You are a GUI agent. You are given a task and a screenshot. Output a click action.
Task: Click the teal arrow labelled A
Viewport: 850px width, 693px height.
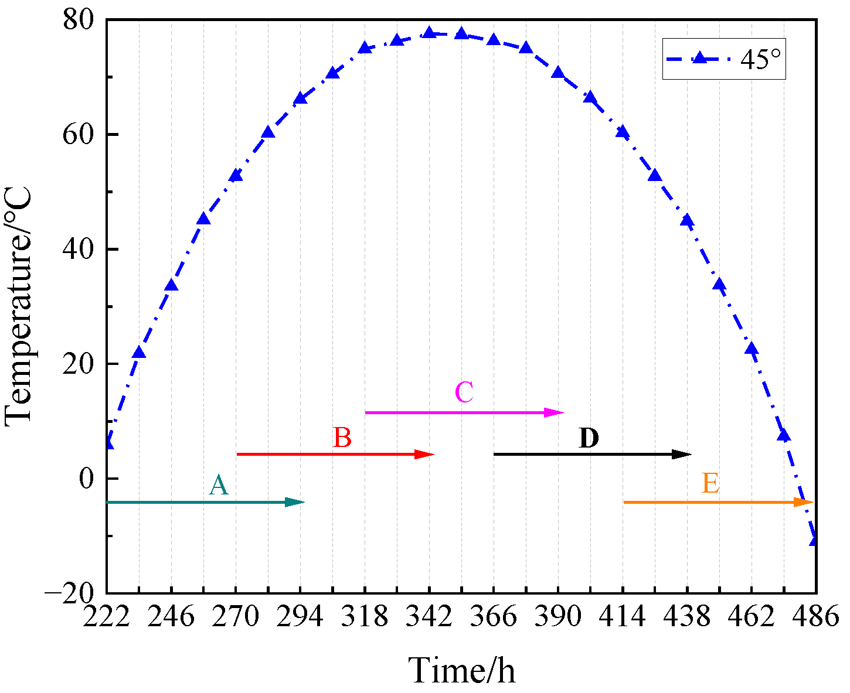coord(205,502)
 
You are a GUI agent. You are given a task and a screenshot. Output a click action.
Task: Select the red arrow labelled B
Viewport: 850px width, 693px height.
coord(335,454)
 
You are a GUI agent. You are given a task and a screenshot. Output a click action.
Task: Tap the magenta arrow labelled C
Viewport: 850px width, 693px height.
coord(464,412)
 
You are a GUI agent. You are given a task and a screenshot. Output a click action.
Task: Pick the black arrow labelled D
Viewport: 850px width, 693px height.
coord(593,454)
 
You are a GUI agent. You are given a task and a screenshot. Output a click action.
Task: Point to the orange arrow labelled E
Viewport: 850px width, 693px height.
coord(718,502)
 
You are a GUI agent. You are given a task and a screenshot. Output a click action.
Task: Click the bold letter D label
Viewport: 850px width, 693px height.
coord(589,439)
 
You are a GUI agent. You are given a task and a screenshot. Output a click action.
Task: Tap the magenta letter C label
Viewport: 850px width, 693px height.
coord(464,392)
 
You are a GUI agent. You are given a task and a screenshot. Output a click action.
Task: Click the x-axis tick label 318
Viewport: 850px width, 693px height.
coord(365,617)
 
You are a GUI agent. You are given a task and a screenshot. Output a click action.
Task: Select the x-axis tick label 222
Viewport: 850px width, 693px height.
coord(107,617)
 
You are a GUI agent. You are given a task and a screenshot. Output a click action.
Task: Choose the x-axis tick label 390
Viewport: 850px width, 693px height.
coord(558,617)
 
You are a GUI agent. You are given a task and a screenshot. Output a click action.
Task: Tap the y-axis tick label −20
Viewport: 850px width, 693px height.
coord(70,593)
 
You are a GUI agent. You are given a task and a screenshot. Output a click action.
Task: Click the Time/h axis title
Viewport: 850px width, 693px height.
coord(462,670)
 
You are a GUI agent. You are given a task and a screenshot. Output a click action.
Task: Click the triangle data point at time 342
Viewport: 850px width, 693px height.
coord(429,33)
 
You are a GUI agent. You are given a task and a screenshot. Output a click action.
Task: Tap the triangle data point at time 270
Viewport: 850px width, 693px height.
coord(236,175)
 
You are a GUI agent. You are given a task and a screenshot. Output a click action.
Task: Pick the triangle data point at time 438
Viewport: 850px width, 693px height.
coord(687,221)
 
